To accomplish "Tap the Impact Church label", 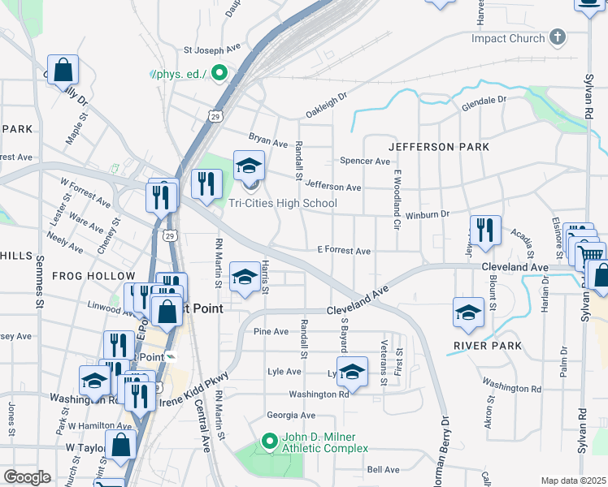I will pos(510,38).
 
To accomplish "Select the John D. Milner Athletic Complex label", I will pos(324,442).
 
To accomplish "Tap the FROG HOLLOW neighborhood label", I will pos(87,276).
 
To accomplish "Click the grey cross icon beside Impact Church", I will pos(557,37).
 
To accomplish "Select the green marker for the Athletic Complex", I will pos(270,442).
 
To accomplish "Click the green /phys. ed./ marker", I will pos(219,74).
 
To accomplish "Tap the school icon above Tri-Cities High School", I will pos(249,166).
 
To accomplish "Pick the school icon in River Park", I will pos(469,313).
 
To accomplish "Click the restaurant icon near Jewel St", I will pos(485,230).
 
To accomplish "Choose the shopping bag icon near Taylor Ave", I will pos(120,446).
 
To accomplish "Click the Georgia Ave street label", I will pos(290,415).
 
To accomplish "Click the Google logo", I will pos(27,477).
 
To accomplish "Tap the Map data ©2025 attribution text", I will pos(573,481).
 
